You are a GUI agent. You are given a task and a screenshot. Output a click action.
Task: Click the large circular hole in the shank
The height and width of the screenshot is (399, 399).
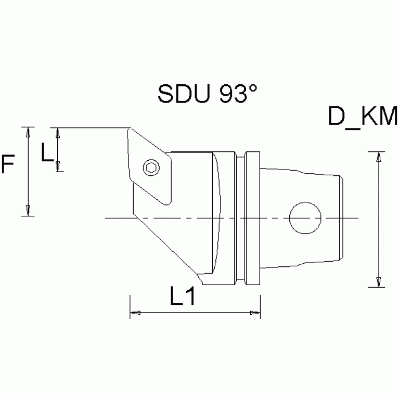coord(305,217)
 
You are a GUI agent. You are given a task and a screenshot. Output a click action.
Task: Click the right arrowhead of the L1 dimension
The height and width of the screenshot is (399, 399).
coord(254,313)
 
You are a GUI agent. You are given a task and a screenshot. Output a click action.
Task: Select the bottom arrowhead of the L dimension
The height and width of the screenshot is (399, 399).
coord(58,166)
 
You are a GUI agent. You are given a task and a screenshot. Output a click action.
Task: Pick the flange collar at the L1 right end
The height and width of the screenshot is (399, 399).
coord(253,217)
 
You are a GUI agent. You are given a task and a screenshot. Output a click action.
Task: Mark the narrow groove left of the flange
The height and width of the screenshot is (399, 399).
coord(241,217)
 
